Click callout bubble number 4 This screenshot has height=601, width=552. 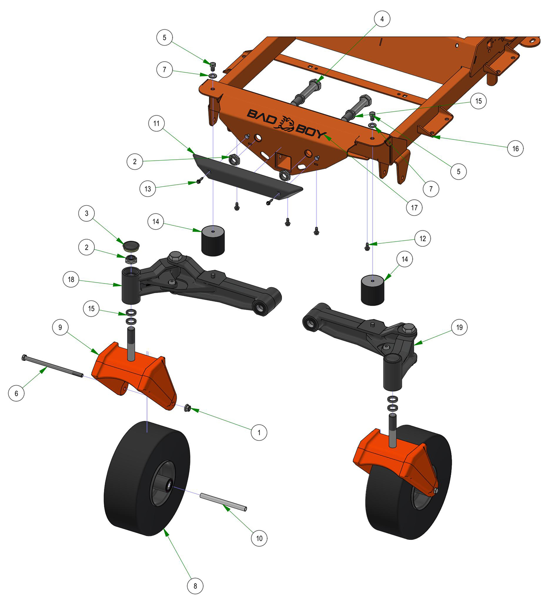(x=382, y=19)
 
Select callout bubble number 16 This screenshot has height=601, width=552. (x=515, y=148)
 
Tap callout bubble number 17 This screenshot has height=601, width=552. (x=414, y=208)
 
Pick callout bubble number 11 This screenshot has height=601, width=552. (x=156, y=123)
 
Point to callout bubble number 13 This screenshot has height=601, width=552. (x=148, y=189)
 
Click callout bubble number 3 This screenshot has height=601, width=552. (x=86, y=214)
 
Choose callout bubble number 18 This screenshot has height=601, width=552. (x=71, y=279)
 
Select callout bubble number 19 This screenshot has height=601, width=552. (x=459, y=327)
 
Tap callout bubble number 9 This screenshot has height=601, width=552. (x=60, y=327)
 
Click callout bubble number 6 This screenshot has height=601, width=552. (x=16, y=393)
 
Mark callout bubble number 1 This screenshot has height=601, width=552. (x=259, y=432)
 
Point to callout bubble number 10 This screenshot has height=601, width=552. (x=259, y=538)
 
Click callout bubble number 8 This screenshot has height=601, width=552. (x=195, y=586)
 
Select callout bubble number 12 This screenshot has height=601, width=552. (x=423, y=238)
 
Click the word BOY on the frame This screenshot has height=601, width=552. (x=311, y=131)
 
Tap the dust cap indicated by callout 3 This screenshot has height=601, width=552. (x=131, y=247)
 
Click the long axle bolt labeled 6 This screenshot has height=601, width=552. (x=52, y=366)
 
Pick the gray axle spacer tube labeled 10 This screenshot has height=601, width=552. (x=223, y=502)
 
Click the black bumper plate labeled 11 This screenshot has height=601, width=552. (x=248, y=177)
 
